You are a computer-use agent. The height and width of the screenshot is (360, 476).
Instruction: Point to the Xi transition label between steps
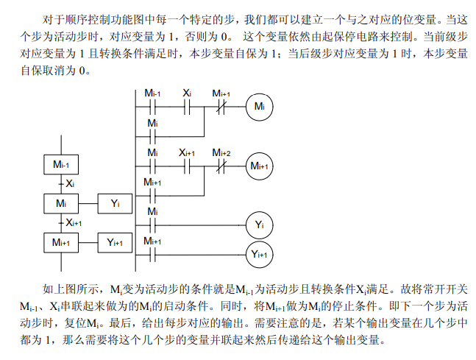point(69,182)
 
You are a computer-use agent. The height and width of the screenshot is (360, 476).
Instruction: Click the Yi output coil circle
point(259,224)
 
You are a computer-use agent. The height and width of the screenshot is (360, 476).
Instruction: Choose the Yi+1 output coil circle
point(259,254)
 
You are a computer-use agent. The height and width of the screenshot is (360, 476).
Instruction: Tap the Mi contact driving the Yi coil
point(153,224)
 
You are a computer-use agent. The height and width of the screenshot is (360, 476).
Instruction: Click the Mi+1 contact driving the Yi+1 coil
point(153,254)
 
